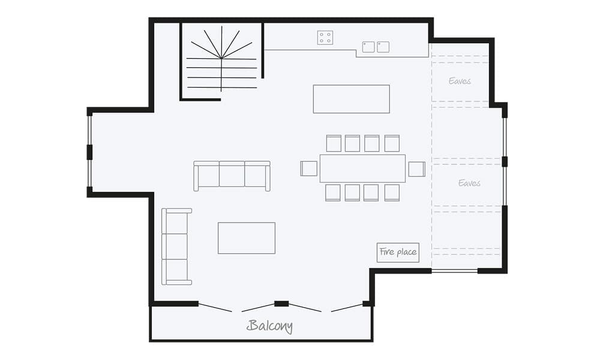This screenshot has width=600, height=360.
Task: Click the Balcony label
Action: [x=270, y=326]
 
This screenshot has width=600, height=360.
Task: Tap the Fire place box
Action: [x=398, y=252]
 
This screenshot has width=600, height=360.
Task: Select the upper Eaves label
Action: [x=460, y=81]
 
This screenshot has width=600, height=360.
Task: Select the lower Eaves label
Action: [x=469, y=183]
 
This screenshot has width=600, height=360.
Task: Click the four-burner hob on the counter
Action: [x=325, y=38]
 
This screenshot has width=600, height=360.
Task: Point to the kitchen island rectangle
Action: [x=351, y=99]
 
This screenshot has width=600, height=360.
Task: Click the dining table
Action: [x=362, y=169]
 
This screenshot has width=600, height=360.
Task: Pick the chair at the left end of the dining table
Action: [x=309, y=169]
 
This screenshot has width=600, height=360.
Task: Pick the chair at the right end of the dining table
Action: [x=416, y=169]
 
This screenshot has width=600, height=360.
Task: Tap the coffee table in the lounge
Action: [x=246, y=238]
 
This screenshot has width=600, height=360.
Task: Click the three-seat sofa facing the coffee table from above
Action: [x=232, y=175]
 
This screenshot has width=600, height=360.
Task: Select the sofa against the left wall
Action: [x=176, y=246]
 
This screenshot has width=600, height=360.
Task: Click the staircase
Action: [x=221, y=60]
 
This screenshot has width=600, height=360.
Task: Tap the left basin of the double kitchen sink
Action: [x=368, y=46]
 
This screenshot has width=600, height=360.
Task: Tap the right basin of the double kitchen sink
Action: [x=383, y=46]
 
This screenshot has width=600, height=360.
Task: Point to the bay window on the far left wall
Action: [x=89, y=152]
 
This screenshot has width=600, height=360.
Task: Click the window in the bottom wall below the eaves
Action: [x=454, y=271]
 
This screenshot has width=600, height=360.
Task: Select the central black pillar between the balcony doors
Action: [x=281, y=304]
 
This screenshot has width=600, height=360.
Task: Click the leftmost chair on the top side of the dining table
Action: [x=334, y=143]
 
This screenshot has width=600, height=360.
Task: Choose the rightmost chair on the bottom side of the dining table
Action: [x=392, y=193]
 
